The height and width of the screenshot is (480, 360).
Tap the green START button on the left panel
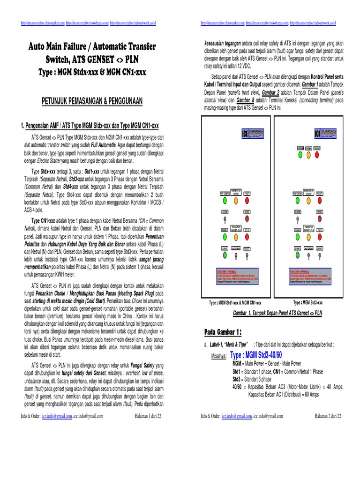pos(225,255)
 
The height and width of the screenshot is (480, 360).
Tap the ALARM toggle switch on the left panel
pos(225,219)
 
